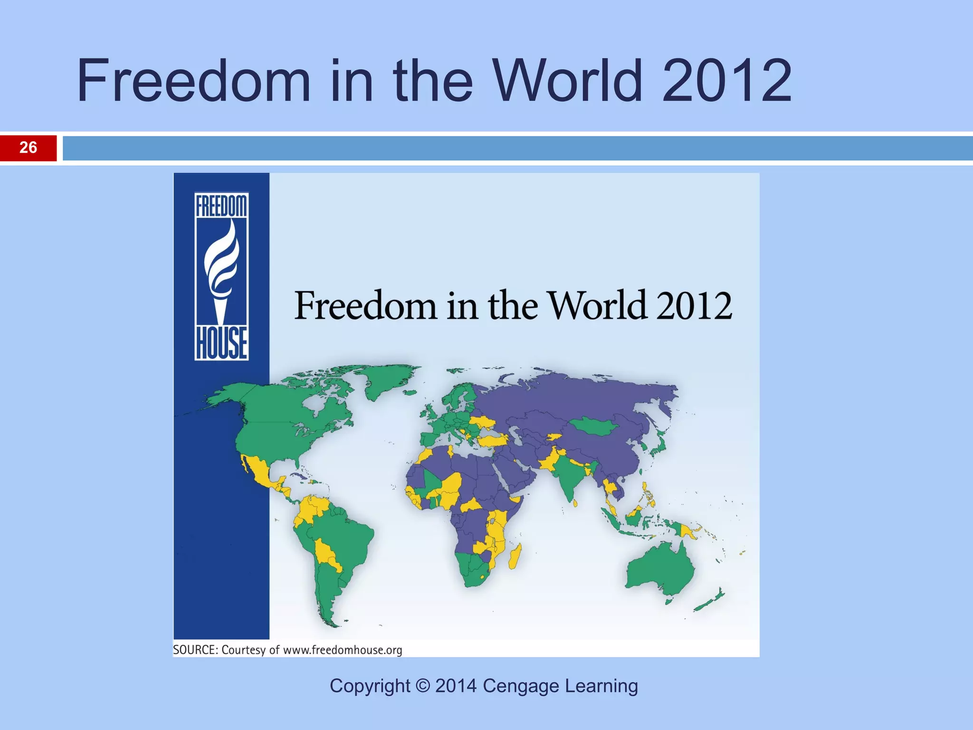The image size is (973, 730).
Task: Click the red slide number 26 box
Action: coord(28,148)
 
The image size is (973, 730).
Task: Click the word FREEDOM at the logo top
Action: coord(221,207)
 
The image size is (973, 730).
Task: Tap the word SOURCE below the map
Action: coord(194,650)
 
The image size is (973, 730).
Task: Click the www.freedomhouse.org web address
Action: coord(343,650)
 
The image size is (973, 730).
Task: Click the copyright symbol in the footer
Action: coord(423,686)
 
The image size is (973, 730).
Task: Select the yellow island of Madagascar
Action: coord(515,556)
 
